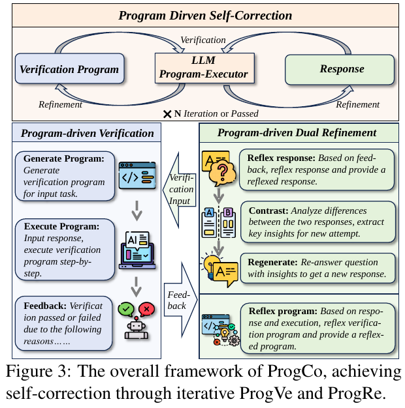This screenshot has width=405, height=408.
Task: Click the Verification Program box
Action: pos(69,70)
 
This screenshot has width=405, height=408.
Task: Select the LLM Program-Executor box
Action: pos(202,67)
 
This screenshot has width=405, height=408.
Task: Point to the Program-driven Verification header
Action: pos(88,134)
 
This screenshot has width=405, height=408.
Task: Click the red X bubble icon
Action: pos(146,308)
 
